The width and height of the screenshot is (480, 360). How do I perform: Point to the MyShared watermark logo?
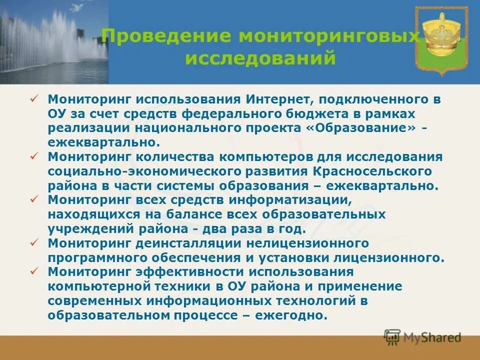tap(422, 337)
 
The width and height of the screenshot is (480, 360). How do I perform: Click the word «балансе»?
tap(189, 214)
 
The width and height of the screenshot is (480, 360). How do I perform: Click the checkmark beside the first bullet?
tap(34, 98)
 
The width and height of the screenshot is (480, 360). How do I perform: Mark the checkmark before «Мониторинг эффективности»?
tap(34, 272)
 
